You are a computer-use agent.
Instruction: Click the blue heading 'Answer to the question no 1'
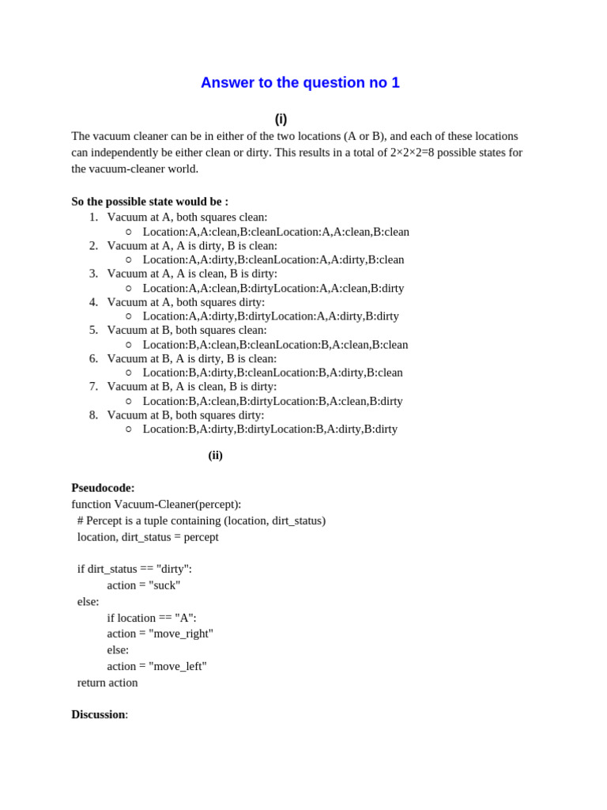coord(300,83)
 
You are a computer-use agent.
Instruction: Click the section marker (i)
coord(281,119)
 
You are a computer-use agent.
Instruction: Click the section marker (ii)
coord(215,456)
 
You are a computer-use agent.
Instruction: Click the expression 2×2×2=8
coord(412,153)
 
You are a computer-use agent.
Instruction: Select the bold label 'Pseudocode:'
coord(103,488)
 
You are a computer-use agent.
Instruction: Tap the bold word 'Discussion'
coord(98,714)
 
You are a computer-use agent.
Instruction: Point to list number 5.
coord(93,330)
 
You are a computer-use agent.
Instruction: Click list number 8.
coord(93,414)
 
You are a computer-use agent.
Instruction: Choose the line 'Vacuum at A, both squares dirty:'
coord(186,302)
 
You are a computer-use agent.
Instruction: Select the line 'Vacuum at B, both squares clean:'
coord(187,330)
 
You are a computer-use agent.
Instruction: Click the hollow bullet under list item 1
coord(129,232)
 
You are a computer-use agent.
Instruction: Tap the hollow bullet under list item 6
coord(129,373)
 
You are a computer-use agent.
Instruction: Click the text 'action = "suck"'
coord(144,585)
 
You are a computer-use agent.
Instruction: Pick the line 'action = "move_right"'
coord(160,634)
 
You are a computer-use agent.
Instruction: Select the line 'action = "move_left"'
coord(156,666)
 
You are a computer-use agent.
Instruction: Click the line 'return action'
coord(107,683)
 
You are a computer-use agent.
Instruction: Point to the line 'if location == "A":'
coord(152,618)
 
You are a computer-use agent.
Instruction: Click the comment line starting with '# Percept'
coord(202,520)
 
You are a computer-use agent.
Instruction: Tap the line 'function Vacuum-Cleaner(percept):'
coord(156,504)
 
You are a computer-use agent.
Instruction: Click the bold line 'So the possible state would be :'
coord(149,202)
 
